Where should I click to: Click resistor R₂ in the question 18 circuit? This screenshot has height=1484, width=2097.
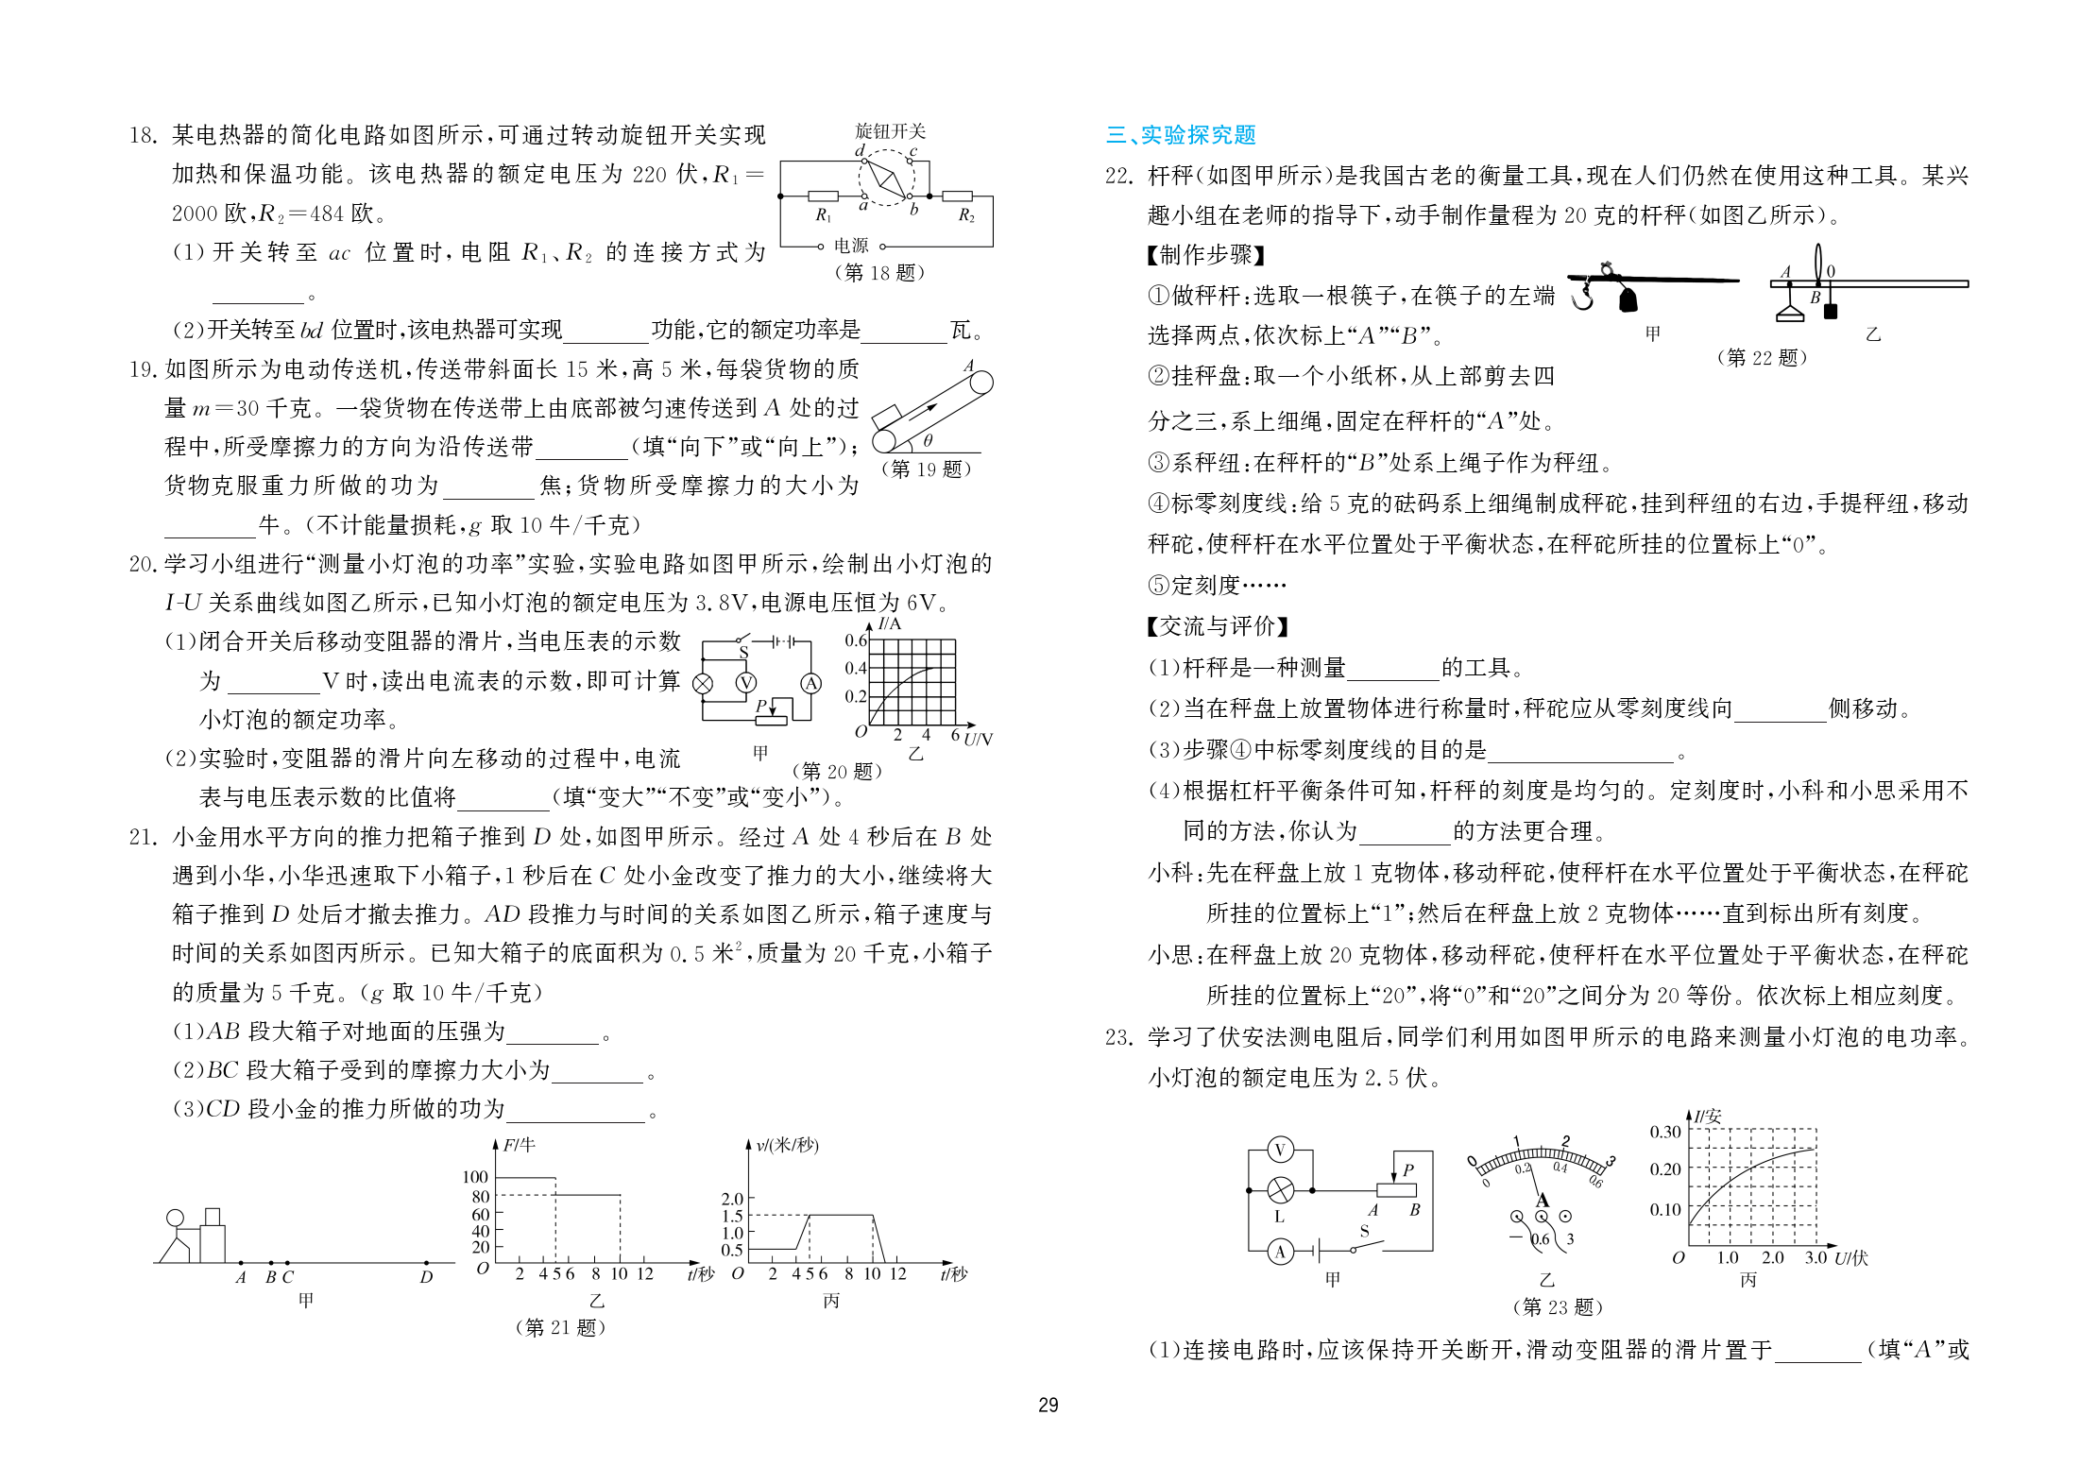tap(958, 196)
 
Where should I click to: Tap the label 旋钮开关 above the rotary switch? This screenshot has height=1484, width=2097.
tap(890, 131)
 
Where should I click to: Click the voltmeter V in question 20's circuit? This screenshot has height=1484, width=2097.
tap(746, 683)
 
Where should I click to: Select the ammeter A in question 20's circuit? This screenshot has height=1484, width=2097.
tap(810, 683)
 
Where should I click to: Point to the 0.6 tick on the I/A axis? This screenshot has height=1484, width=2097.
tap(856, 640)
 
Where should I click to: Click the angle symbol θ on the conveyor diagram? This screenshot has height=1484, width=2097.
tap(928, 440)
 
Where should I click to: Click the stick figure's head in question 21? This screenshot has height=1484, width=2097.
tap(176, 1219)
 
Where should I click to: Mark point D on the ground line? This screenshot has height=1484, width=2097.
tap(426, 1263)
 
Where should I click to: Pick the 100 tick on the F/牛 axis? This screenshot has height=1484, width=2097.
tap(476, 1177)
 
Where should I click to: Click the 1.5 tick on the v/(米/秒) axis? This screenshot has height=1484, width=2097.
tap(732, 1216)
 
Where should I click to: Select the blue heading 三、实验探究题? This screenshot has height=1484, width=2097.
tap(1181, 135)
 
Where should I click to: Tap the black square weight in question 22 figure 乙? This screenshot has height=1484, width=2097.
tap(1830, 311)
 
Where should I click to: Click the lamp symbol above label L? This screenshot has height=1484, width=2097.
tap(1280, 1190)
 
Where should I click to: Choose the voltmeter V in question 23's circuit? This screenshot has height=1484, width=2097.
tap(1280, 1150)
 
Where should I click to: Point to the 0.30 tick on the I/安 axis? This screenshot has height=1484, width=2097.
tap(1665, 1132)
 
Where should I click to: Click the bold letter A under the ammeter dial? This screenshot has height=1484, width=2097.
tap(1543, 1201)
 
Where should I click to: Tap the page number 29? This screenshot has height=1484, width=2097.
tap(1048, 1406)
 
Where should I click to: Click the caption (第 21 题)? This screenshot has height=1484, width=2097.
tap(561, 1327)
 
